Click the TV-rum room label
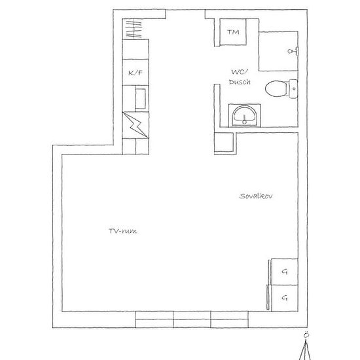tap(123, 231)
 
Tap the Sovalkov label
tap(256, 196)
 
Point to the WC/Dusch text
tap(240, 77)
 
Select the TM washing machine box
tap(233, 32)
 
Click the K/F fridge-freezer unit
tap(135, 72)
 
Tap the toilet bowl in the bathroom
tap(276, 88)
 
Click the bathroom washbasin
tap(244, 116)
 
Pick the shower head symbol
tap(293, 51)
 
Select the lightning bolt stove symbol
tap(135, 125)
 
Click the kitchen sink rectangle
tap(141, 99)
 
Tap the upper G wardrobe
tap(285, 272)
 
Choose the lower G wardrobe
tap(285, 298)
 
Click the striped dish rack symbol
tap(134, 29)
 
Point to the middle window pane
tap(192, 319)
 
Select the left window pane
tap(154, 319)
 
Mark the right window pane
tap(230, 319)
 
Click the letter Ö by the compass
tap(306, 335)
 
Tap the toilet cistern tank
tap(293, 88)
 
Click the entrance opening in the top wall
tap(185, 10)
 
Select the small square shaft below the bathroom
tap(224, 142)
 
